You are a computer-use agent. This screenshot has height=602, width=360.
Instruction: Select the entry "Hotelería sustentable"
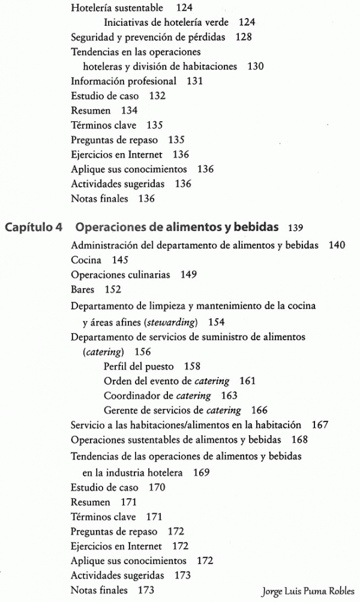pos(117,8)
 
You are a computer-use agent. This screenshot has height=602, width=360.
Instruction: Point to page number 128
pos(244,37)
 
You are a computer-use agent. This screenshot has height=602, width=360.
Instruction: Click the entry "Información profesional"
pos(124,81)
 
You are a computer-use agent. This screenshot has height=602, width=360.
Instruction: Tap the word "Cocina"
pos(86,260)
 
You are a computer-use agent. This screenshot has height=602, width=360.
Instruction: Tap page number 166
pos(259,411)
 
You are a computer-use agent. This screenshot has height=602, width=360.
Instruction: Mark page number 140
pos(337,245)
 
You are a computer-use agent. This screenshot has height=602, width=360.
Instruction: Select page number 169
pos(202,472)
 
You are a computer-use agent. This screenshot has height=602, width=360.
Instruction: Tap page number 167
pos(320,425)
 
